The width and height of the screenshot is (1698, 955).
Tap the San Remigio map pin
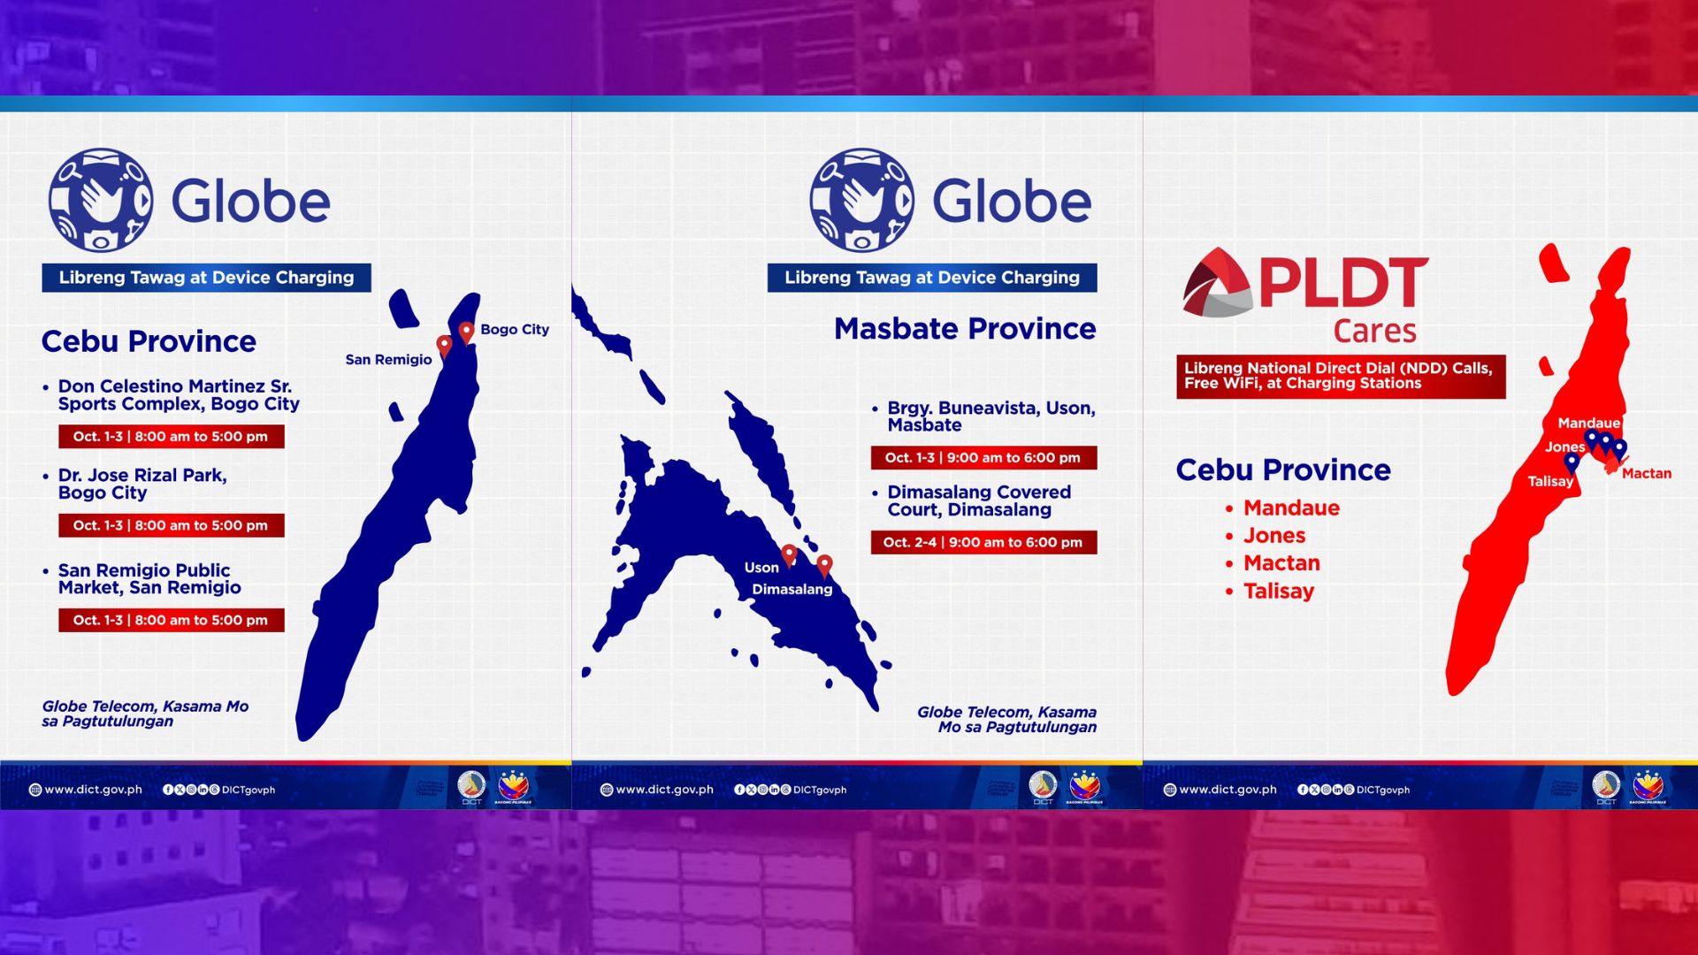click(444, 345)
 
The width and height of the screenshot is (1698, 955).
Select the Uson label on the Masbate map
click(761, 568)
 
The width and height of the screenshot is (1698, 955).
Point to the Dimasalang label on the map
click(792, 590)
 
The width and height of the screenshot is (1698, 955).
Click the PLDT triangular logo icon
click(1217, 283)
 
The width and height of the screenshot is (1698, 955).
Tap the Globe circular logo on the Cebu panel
click(100, 200)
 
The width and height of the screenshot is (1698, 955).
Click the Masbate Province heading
click(964, 329)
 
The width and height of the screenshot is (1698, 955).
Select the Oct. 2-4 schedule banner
click(983, 542)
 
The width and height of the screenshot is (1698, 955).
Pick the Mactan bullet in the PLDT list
click(1281, 563)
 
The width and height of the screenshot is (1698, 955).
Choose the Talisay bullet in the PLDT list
click(1278, 592)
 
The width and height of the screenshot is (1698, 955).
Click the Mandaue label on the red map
click(1588, 424)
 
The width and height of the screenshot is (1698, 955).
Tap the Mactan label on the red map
click(1646, 474)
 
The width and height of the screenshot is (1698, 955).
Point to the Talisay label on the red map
click(1550, 482)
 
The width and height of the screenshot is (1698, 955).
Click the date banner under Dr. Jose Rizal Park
click(171, 525)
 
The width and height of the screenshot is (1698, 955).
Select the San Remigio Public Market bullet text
click(149, 579)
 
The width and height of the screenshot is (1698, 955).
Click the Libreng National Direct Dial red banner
click(1340, 376)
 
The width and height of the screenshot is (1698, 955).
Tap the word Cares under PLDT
click(1374, 331)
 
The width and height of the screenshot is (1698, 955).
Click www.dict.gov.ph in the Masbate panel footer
click(664, 790)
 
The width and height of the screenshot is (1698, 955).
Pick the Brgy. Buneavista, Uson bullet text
click(990, 416)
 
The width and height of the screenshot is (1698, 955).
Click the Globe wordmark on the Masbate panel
click(1012, 202)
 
